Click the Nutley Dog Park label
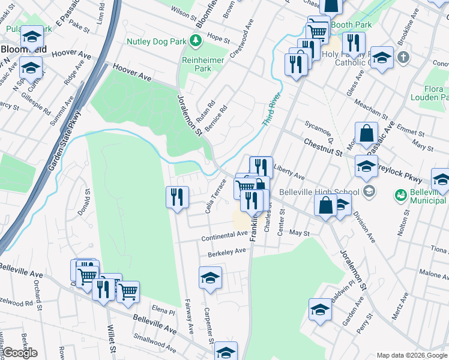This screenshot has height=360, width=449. point(157,41)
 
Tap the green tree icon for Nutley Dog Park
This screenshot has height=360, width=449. point(195,41)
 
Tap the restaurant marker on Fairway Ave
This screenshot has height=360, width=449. point(177,196)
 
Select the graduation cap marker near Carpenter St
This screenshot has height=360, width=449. point(210,277)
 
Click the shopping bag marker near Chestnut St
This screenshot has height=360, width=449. point(366,133)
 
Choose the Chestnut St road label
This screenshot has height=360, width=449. point(323,148)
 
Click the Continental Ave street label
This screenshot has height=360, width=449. point(224,236)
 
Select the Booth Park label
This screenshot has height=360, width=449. point(351,25)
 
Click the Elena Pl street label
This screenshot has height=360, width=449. point(163,311)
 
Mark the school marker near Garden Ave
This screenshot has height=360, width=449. point(320,310)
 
